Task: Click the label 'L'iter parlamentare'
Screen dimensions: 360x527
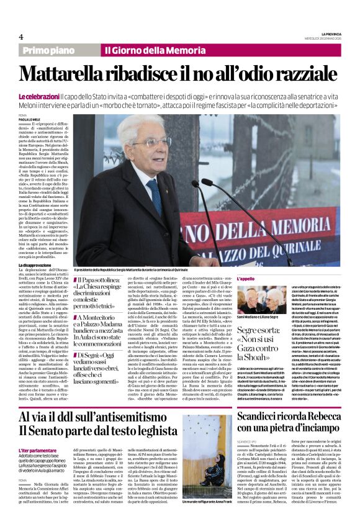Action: (39, 449)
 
